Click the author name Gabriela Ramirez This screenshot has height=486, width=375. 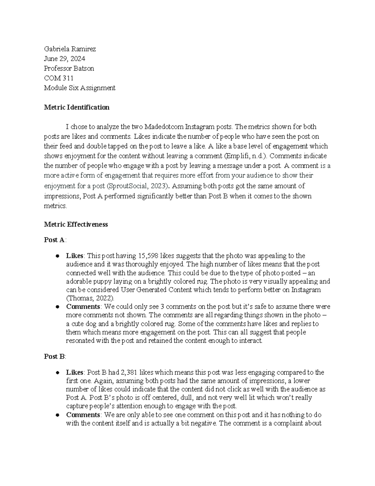70,49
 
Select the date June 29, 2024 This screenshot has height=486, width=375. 64,59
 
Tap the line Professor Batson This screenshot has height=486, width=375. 69,69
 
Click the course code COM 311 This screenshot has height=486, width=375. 58,78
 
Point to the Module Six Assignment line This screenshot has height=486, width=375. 79,88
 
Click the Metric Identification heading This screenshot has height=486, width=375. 77,107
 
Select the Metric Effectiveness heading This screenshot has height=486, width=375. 76,224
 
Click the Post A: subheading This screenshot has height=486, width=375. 55,240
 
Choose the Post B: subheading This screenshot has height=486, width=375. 55,356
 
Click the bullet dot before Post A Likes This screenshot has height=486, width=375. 57,256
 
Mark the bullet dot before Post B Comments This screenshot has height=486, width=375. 57,415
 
